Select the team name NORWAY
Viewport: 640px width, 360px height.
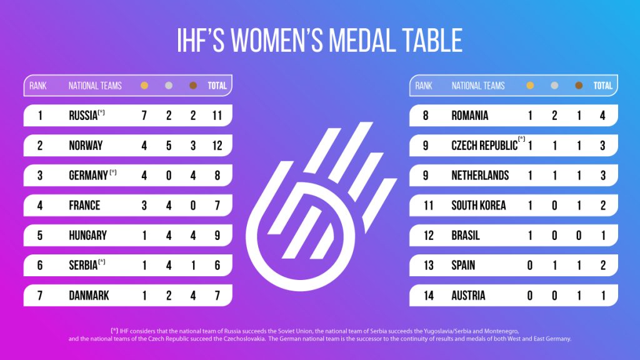click(86, 146)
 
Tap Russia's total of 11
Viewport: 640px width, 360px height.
click(217, 116)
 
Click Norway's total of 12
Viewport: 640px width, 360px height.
click(217, 146)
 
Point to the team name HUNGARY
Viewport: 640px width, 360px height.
click(87, 236)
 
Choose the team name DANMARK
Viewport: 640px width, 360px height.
click(88, 296)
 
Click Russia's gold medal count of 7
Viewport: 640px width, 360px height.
click(144, 116)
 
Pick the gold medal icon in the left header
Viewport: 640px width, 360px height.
click(144, 86)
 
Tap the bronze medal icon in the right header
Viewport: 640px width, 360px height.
click(579, 86)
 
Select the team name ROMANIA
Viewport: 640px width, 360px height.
click(470, 116)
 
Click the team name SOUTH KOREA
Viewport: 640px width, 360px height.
click(479, 206)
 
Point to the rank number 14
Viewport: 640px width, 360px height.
click(426, 296)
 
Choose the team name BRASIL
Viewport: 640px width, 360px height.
click(466, 236)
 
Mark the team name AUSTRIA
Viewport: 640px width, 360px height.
click(468, 296)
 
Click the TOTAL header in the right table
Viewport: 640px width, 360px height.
click(603, 86)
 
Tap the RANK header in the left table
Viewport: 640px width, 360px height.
click(38, 86)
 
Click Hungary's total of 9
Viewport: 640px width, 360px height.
click(217, 236)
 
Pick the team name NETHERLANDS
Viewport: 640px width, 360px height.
click(480, 176)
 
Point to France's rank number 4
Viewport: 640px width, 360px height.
click(40, 206)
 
